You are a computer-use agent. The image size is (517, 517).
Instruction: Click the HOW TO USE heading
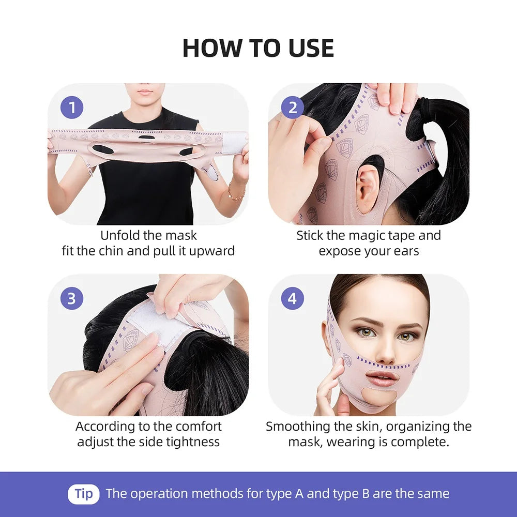coord(258,48)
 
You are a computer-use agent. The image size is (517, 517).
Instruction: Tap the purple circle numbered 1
coord(72,108)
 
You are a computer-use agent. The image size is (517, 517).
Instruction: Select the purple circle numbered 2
coord(293,108)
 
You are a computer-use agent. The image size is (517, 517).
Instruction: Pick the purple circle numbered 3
coord(72,298)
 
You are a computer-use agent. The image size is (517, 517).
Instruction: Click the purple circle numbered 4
coord(293,298)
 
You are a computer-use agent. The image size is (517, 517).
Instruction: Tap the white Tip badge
coord(83,493)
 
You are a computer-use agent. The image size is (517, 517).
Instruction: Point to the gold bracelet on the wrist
coord(236,195)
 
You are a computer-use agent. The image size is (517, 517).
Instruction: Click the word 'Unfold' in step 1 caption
coord(120,236)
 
